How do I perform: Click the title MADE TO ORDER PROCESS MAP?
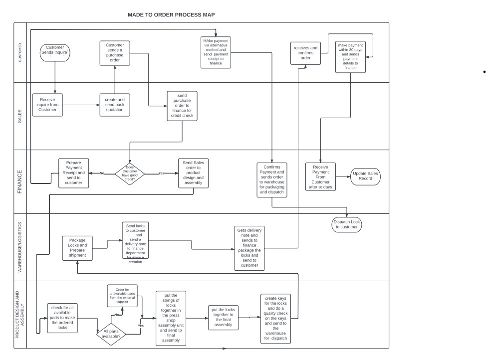171,15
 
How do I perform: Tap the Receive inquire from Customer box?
48,105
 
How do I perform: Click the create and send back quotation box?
115,105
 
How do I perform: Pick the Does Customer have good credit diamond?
130,174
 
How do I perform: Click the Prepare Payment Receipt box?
74,173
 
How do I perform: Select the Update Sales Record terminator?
366,176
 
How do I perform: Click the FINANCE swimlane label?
20,181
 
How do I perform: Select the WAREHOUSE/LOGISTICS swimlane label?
20,247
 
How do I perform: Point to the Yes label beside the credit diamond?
161,174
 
